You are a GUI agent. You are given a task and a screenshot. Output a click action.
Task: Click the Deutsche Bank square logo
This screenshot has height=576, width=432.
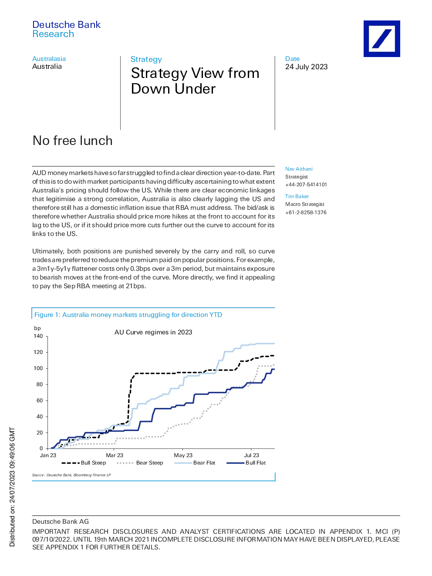pos(381,39)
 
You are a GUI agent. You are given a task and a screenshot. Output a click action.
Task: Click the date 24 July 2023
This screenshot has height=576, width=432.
pos(306,67)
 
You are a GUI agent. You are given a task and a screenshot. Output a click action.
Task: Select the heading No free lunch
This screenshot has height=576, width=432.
pos(72,140)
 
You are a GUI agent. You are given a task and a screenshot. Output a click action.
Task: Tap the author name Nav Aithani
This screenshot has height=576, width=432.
pos(299,169)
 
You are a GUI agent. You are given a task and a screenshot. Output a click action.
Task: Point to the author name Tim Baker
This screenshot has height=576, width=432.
pos(297,196)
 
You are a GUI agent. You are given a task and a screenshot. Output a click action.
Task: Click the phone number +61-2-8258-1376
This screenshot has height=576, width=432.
pos(306,212)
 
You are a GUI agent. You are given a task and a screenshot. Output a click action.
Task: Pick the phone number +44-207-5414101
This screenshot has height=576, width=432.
pos(306,185)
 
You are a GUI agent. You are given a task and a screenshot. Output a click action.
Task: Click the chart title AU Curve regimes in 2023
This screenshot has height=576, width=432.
pos(153,332)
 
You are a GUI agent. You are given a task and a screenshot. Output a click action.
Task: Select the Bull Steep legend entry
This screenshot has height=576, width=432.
pos(84,463)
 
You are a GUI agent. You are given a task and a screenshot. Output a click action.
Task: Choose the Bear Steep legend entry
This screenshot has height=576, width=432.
pos(140,463)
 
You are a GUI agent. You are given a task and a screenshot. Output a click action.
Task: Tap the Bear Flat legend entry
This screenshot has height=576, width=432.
pos(195,463)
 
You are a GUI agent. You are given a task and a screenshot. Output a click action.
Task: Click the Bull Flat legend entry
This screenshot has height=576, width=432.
pos(246,463)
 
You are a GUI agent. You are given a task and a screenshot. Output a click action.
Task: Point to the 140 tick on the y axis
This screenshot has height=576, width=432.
pos(38,336)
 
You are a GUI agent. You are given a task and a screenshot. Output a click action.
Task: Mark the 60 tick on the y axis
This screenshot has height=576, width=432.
pos(40,401)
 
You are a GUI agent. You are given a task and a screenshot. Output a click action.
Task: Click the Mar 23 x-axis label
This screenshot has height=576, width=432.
pos(115,455)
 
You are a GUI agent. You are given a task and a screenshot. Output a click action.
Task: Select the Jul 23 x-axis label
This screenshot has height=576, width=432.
pos(251,455)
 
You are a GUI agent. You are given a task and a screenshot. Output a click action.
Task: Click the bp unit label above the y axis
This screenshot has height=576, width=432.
pos(37,328)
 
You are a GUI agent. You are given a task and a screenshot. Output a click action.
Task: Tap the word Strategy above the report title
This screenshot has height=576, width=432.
pos(146,59)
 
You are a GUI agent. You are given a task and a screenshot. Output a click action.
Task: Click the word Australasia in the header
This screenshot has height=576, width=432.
pos(49,58)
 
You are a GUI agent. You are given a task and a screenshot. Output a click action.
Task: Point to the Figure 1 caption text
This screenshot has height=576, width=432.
pos(128,315)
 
